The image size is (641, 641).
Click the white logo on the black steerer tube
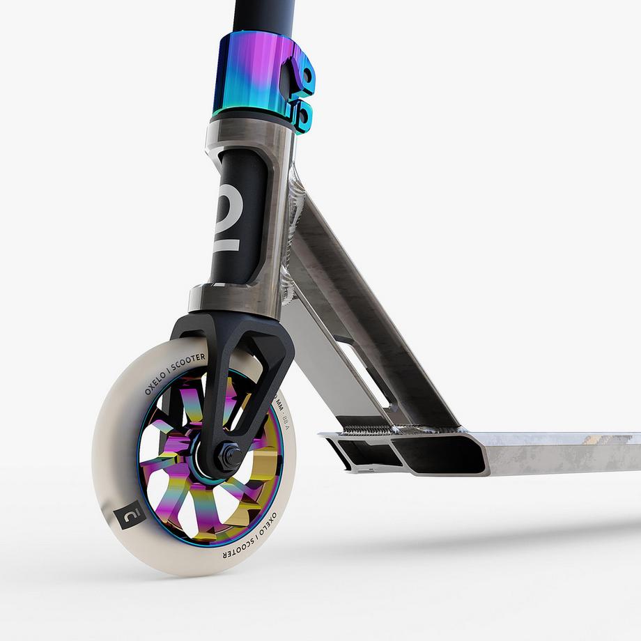[x=241, y=230]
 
